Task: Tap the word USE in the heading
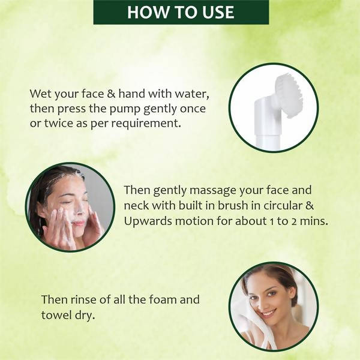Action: [x=218, y=12]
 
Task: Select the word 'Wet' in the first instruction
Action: [x=41, y=94]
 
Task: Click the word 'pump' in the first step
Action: [x=125, y=110]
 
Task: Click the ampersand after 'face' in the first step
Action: [x=111, y=94]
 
